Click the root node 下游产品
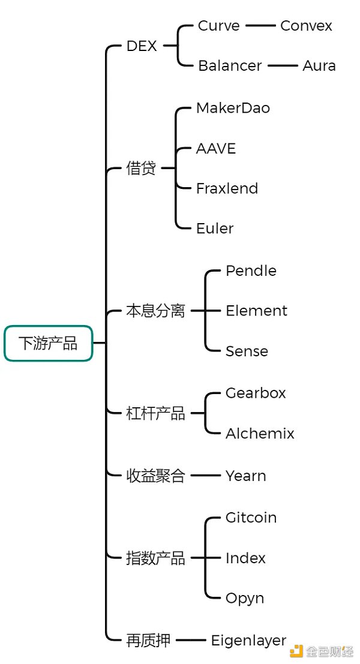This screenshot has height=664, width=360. pyautogui.click(x=48, y=343)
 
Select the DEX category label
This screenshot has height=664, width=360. pyautogui.click(x=142, y=46)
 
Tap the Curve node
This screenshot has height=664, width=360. pyautogui.click(x=218, y=26)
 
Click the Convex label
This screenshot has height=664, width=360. pyautogui.click(x=306, y=26)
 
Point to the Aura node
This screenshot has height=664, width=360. pyautogui.click(x=319, y=65)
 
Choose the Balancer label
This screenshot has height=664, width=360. pyautogui.click(x=230, y=65)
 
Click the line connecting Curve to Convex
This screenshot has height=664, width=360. pyautogui.click(x=260, y=26)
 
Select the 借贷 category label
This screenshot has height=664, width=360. pyautogui.click(x=141, y=169)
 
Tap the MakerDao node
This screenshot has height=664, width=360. pyautogui.click(x=233, y=108)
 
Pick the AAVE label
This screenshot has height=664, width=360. pyautogui.click(x=216, y=148)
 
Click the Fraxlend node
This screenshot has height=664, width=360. pyautogui.click(x=227, y=188)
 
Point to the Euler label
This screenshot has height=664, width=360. pyautogui.click(x=214, y=228)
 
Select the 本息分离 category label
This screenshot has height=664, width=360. pyautogui.click(x=155, y=311)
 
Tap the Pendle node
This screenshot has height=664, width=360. pyautogui.click(x=251, y=271)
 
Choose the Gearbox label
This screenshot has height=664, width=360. pyautogui.click(x=256, y=393)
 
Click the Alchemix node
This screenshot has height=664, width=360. pyautogui.click(x=260, y=433)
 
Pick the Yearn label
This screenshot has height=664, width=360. pyautogui.click(x=245, y=476)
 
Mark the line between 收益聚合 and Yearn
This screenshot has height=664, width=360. pyautogui.click(x=205, y=476)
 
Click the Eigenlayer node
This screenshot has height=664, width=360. pyautogui.click(x=248, y=640)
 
